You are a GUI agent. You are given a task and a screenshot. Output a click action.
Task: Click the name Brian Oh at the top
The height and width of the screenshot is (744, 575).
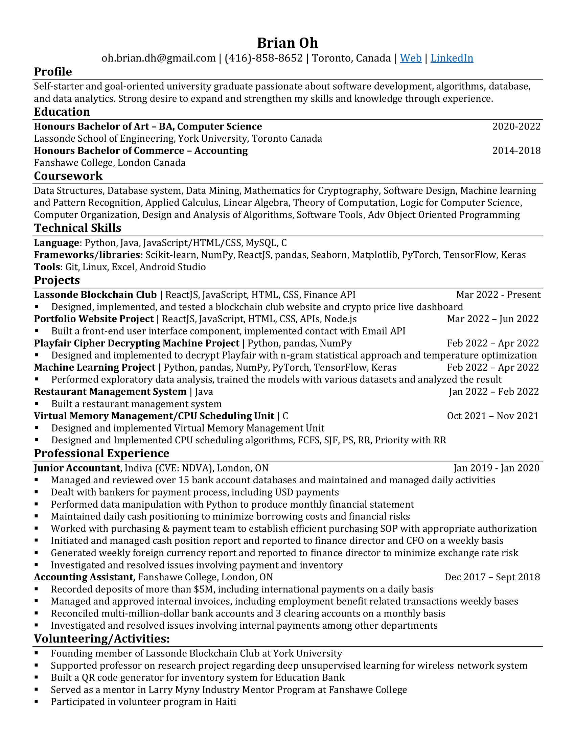[287, 43]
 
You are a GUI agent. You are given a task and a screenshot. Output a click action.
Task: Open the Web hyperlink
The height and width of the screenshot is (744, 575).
[411, 58]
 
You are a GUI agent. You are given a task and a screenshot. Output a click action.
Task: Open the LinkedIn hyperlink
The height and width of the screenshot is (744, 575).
[452, 58]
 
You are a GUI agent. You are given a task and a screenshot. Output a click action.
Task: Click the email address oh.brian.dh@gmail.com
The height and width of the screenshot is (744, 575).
[158, 58]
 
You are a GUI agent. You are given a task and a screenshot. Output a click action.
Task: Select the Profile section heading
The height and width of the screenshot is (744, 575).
[53, 72]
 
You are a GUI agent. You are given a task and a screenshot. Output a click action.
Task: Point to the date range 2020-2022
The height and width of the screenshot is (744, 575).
[516, 126]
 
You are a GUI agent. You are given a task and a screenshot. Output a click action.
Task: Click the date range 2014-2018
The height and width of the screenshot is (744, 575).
[516, 150]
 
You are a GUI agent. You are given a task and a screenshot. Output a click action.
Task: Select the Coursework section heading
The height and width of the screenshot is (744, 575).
[68, 176]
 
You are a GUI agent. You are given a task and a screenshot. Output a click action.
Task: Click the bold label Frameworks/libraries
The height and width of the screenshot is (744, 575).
[87, 255]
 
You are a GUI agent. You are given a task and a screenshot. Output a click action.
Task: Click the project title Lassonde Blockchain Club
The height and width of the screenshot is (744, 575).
[95, 295]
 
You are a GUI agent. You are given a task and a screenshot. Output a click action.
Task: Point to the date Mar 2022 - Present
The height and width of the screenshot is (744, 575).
[498, 295]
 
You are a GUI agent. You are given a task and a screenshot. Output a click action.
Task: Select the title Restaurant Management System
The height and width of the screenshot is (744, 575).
[110, 392]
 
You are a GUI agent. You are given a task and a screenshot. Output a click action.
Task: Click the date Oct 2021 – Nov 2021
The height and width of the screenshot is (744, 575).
[492, 416]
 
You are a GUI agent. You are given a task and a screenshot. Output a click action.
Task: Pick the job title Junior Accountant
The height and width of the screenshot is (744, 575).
[77, 468]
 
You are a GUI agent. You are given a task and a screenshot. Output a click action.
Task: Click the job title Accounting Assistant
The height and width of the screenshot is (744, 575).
[85, 577]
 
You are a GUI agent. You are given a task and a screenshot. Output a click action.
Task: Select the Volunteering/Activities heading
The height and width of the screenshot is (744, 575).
[101, 638]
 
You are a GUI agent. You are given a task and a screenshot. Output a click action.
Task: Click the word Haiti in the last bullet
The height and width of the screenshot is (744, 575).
[225, 702]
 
